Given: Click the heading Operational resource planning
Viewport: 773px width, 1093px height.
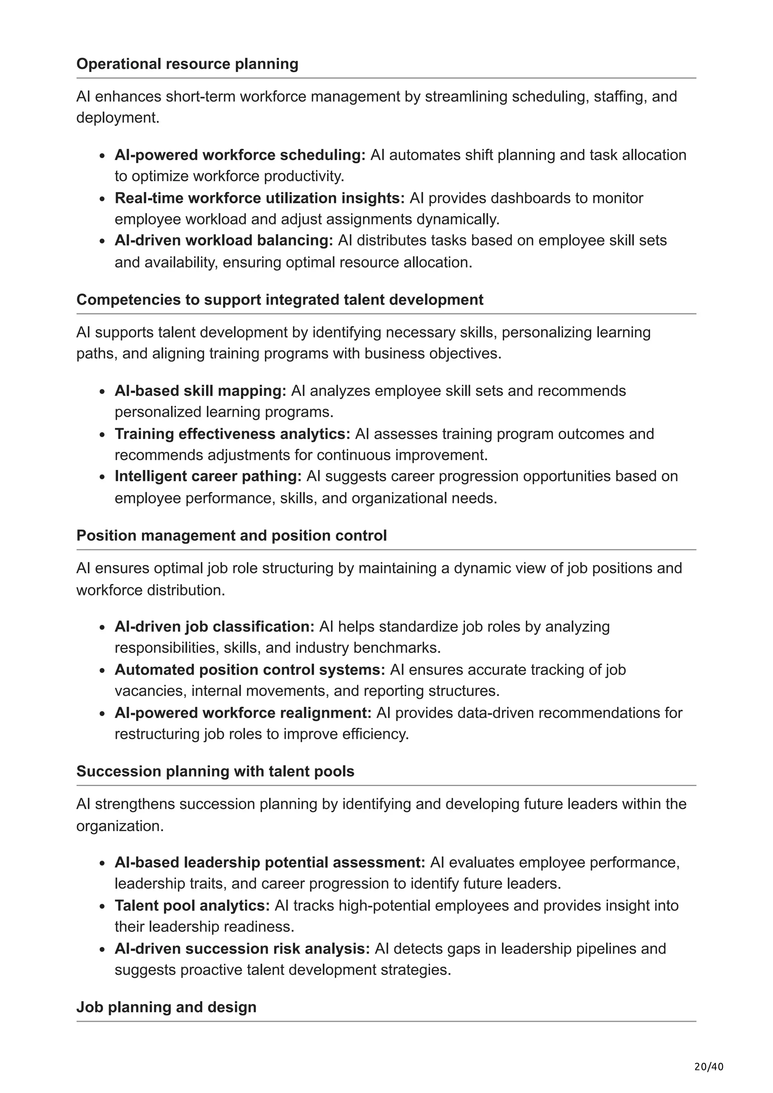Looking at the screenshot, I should point(187,64).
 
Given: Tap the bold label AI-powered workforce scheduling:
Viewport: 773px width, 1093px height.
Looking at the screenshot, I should point(240,155).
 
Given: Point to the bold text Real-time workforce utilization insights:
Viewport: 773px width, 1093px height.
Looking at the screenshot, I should point(260,198).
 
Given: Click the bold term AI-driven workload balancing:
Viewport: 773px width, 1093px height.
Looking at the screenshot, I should point(224,240).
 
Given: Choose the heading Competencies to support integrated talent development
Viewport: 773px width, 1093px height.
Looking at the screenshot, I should point(280,299).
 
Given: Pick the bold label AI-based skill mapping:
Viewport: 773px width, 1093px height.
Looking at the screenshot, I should point(200,391).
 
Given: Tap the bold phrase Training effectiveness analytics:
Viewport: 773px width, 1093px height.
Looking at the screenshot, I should point(233,434).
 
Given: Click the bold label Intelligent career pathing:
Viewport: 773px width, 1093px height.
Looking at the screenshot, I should point(208,476).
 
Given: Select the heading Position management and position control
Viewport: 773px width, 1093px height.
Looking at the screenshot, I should point(231,536).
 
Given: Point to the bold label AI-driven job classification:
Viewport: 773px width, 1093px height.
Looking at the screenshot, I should point(214,626).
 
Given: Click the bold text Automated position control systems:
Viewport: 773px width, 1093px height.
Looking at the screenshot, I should point(249,670).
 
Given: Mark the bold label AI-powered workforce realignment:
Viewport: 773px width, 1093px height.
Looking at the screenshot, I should point(243,713).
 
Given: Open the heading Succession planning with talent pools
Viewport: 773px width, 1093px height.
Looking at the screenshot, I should point(215,771).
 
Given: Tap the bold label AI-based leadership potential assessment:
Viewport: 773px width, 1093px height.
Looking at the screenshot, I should point(269,862).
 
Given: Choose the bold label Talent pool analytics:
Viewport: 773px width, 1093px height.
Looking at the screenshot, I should point(192,906).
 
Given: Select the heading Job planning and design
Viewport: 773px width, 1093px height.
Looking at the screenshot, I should point(166,1007).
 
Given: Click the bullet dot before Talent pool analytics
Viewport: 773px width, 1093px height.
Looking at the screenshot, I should point(102,907).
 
